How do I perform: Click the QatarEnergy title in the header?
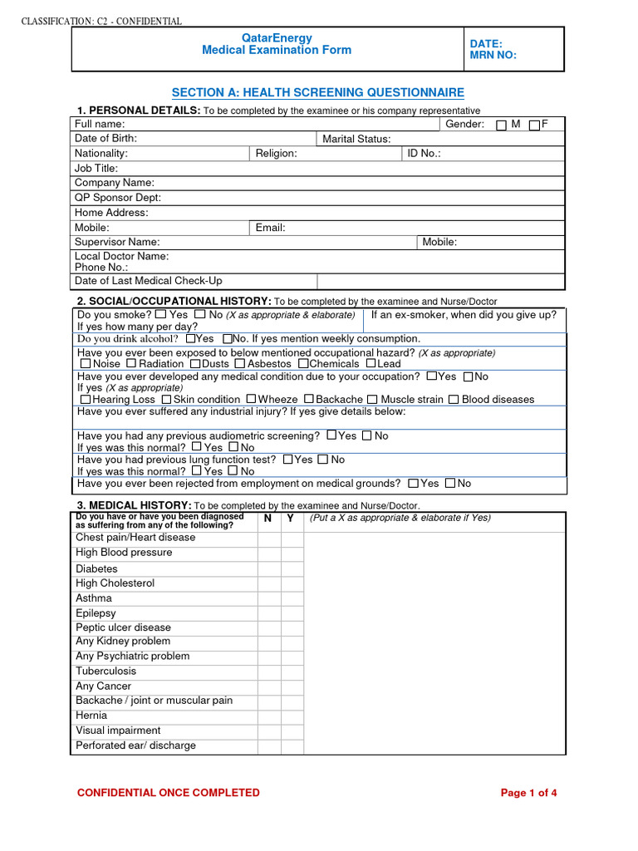tap(277, 37)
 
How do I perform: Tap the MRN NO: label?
tap(493, 56)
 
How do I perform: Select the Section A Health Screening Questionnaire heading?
tap(317, 93)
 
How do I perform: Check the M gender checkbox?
tap(501, 125)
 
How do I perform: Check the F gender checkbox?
tap(534, 125)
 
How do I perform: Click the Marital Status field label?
tap(356, 139)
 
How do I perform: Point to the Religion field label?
tap(276, 154)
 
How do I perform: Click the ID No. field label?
tap(424, 154)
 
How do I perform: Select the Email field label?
tap(270, 228)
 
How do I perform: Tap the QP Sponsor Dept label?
tap(118, 198)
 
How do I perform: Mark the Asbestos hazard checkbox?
tap(241, 364)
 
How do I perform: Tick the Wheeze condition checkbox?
tap(251, 400)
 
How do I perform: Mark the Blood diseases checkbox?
tap(454, 400)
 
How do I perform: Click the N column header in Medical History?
tap(267, 519)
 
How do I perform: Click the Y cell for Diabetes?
tap(292, 569)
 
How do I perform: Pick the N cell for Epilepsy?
tap(268, 613)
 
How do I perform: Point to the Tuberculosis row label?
tap(106, 671)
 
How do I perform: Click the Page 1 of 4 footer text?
tap(528, 793)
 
